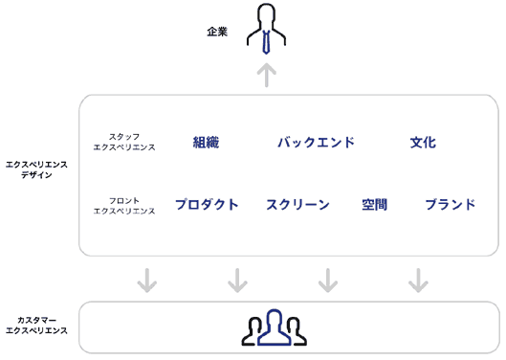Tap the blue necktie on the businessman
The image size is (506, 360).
tap(267, 40)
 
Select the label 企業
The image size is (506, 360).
tap(217, 32)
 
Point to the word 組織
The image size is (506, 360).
tap(206, 143)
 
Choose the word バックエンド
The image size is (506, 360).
tap(316, 143)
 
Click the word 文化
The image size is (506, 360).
tap(423, 143)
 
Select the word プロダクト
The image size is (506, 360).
tap(207, 204)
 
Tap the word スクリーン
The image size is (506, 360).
tap(297, 204)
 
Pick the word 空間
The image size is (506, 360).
tap(374, 204)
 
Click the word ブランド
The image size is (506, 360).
tap(450, 204)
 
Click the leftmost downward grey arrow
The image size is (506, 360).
tap(146, 280)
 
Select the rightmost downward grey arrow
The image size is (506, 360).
tap(417, 280)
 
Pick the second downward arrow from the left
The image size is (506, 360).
tap(237, 280)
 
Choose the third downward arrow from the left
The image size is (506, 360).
tap(327, 280)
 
